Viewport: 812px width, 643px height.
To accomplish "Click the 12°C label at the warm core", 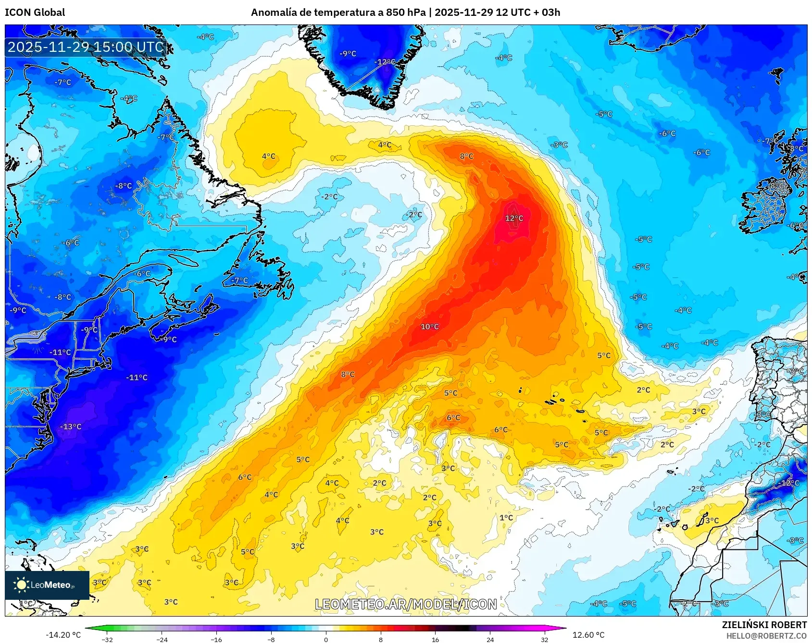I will pos(514,218).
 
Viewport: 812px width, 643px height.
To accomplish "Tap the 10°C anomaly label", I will pos(429,327).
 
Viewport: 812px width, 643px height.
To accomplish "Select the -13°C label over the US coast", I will pos(71,426).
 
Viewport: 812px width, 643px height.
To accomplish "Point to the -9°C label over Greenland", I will pos(348,54).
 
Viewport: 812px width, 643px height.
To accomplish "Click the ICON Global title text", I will pos(35,12).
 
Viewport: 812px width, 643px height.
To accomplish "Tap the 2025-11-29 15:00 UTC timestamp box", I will pos(86,47).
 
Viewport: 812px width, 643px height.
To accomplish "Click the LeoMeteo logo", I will pos(47,585).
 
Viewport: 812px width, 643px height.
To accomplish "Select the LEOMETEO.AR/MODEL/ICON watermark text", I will pos(406,604).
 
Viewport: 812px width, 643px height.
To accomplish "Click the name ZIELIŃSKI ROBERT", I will pos(764,625).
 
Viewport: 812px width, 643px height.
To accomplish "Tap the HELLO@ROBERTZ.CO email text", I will pos(766,636).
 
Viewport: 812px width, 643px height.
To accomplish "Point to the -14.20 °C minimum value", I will pos(63,635).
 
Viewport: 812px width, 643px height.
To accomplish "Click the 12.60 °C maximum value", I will pos(588,635).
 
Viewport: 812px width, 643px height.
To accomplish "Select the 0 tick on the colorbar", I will pos(326,639).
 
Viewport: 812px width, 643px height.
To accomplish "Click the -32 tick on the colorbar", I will pos(107,639).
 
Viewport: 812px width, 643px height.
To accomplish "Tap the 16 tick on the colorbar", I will pos(435,639).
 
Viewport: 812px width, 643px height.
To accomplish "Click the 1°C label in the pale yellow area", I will pos(506,518).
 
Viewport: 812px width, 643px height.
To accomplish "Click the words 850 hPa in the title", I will pos(405,12).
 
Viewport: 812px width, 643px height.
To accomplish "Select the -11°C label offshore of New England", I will pos(137,377).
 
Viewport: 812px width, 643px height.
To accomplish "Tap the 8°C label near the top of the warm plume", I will pos(466,156).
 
